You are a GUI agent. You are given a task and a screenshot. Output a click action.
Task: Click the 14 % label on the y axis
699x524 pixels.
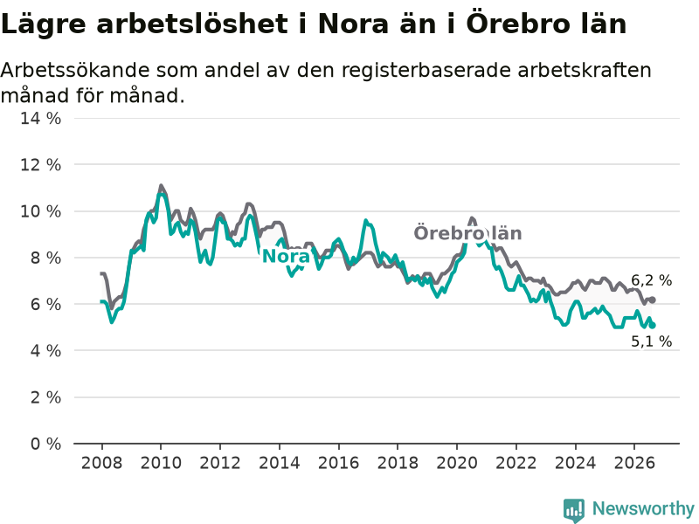40,119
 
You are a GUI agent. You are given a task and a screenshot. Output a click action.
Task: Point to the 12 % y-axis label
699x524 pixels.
40,165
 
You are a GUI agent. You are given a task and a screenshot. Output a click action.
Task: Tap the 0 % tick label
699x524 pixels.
45,444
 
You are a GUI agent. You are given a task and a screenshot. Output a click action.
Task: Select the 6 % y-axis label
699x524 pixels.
45,304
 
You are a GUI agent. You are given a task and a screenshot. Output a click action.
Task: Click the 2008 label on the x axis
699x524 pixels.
101,463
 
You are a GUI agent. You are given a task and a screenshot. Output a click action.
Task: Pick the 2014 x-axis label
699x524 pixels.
280,463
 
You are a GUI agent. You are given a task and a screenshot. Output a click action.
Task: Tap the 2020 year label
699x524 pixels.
457,463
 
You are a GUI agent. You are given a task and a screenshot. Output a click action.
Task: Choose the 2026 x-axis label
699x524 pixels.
634,463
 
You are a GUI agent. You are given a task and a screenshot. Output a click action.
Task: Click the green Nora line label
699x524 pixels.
286,256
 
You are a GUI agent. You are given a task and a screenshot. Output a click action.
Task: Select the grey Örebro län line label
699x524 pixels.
467,233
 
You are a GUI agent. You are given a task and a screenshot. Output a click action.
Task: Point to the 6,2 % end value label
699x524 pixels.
651,280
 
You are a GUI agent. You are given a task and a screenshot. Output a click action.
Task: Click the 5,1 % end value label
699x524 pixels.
651,341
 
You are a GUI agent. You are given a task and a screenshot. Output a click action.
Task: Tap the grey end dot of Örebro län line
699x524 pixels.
653,300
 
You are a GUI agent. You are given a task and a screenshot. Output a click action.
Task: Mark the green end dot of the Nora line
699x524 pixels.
653,326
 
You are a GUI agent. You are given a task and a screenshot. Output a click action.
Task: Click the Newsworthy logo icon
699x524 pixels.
574,510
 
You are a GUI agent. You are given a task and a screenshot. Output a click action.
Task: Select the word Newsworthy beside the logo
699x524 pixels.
643,508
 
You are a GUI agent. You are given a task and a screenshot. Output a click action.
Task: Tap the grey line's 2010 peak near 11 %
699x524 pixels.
161,185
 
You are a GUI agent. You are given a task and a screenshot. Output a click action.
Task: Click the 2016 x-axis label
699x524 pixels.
338,463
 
